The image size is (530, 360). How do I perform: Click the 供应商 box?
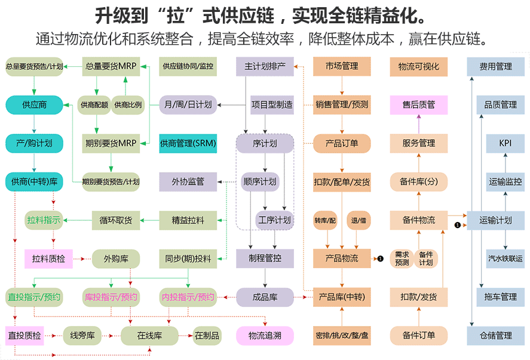point(34,104)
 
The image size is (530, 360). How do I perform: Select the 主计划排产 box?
point(265,66)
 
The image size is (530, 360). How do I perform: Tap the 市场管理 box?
point(342,66)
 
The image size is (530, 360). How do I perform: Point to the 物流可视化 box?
point(418,66)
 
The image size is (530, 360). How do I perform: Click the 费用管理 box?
point(495,66)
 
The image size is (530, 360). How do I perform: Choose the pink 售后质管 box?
point(418,104)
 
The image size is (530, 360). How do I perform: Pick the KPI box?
point(505,143)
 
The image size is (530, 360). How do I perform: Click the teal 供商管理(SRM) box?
point(188,143)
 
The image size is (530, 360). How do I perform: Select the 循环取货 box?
point(116,220)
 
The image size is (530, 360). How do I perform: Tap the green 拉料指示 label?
point(44,220)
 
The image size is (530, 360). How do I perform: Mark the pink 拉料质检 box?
point(48,259)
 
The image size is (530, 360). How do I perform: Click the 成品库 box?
point(265,297)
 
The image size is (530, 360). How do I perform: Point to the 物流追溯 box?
point(265,336)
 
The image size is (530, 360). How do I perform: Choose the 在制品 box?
point(207,336)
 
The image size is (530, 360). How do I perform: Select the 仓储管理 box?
point(495,336)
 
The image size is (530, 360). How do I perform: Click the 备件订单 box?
point(418,336)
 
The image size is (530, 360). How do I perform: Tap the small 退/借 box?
point(359,220)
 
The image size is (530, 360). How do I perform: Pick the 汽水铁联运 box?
point(505,259)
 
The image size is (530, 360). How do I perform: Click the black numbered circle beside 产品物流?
point(379,259)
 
